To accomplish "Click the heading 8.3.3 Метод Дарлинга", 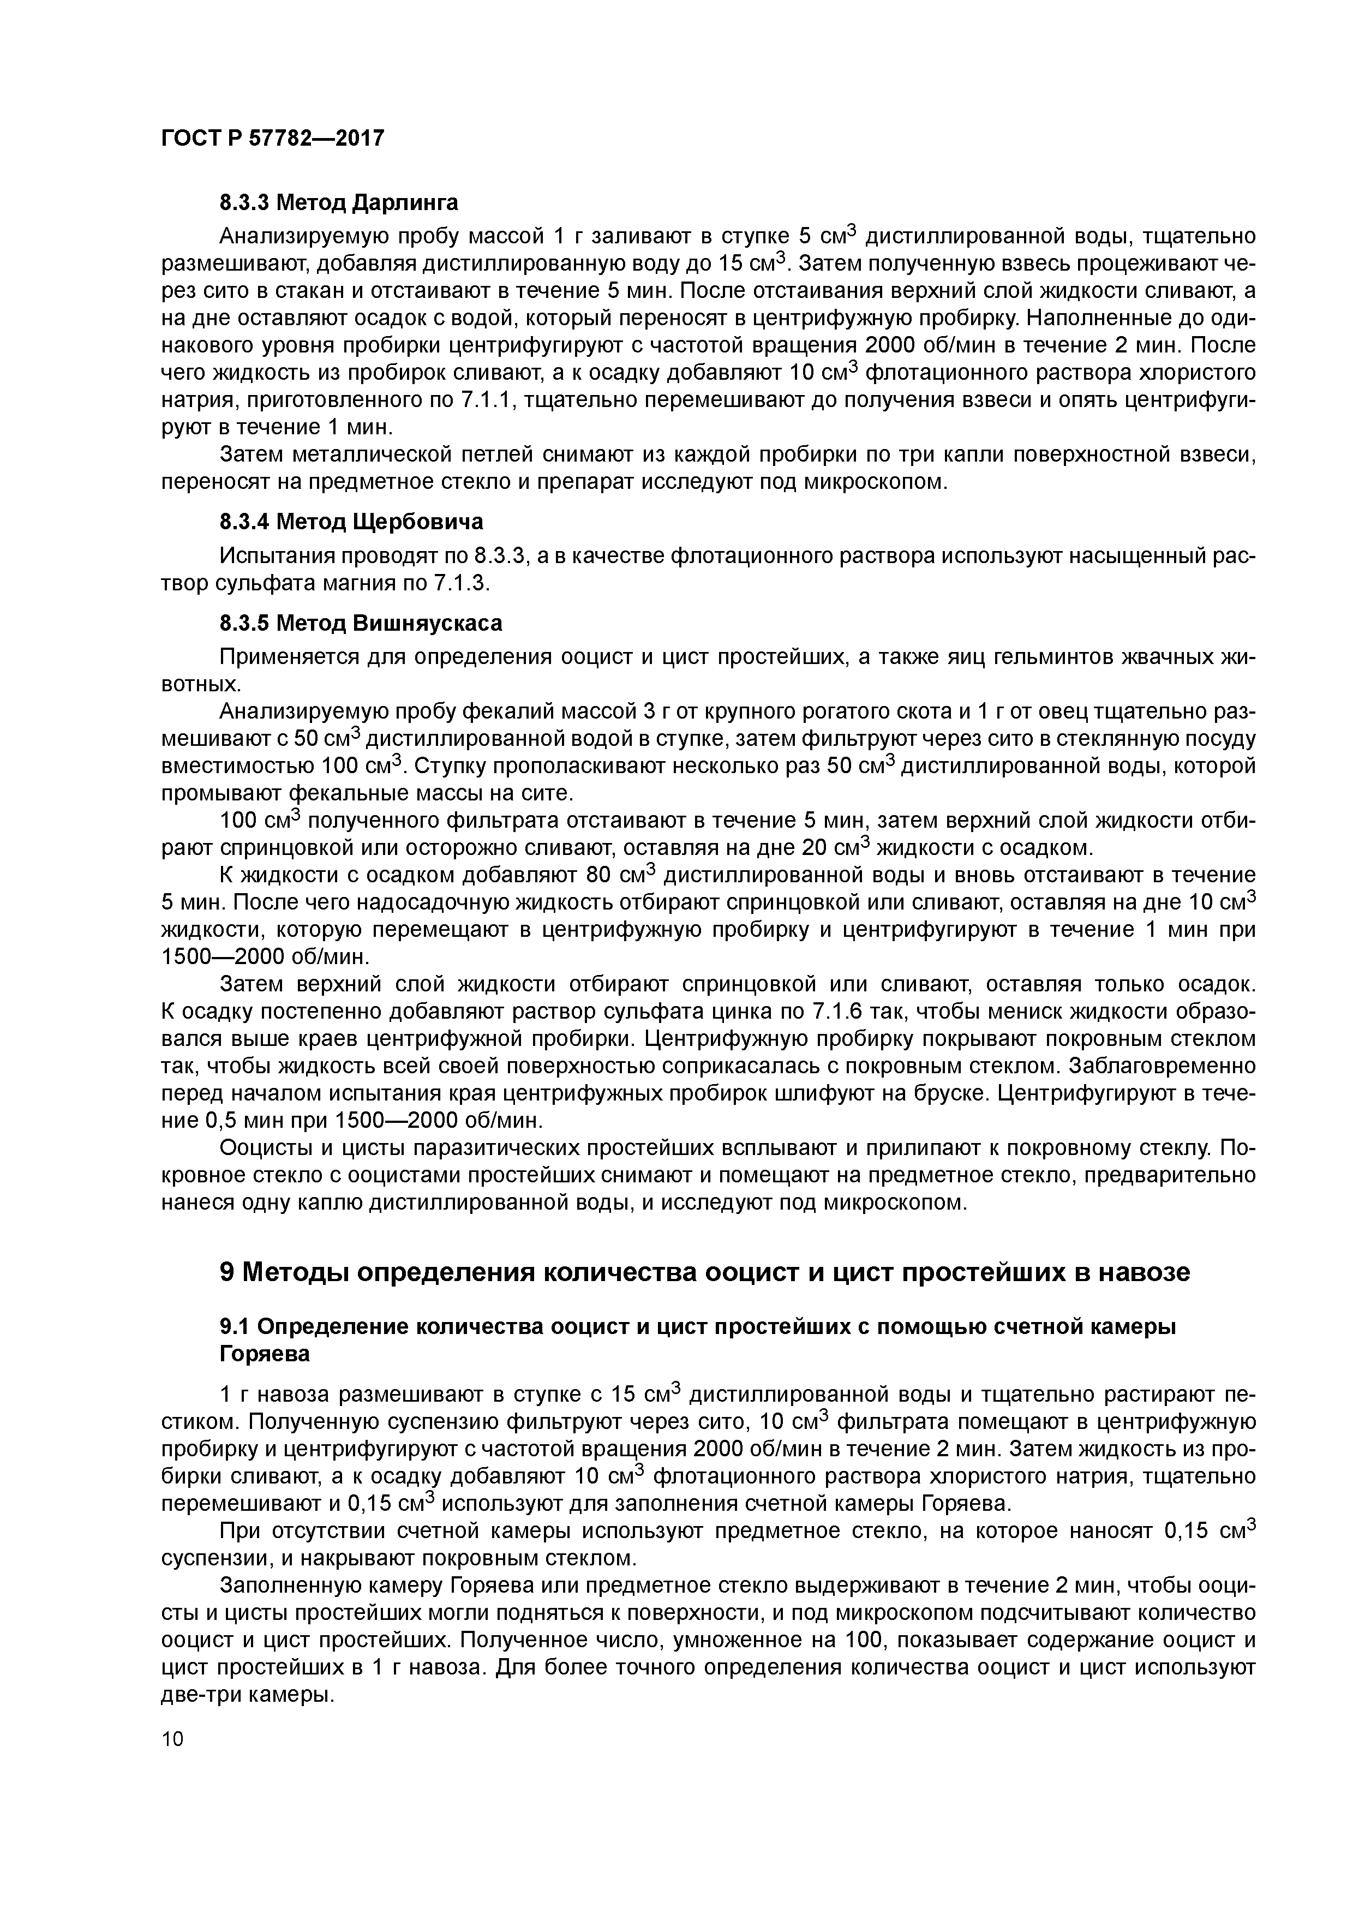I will [x=338, y=202].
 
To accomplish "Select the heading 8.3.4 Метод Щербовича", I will [x=351, y=522].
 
